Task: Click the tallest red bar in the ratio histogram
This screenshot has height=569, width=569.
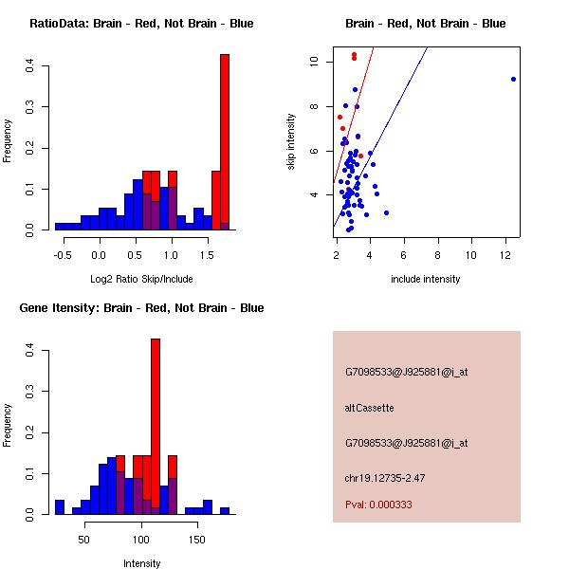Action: (x=225, y=142)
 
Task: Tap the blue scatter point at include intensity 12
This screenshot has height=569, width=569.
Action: (x=513, y=79)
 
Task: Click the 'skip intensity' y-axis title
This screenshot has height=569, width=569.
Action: (x=291, y=142)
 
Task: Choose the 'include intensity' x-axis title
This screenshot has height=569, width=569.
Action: (x=426, y=279)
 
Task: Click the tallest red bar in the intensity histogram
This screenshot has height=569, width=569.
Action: (x=156, y=426)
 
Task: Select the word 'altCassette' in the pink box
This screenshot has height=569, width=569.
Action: (x=369, y=408)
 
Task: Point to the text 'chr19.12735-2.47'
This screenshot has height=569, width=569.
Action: (x=384, y=478)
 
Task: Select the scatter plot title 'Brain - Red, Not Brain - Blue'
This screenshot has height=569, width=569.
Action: (x=426, y=24)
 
